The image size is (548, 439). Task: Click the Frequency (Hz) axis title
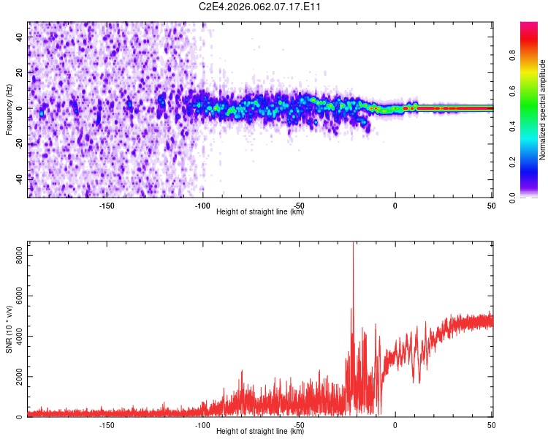tap(9, 109)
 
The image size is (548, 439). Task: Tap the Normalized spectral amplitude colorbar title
tap(543, 110)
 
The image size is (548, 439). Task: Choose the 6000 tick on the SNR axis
tap(15, 296)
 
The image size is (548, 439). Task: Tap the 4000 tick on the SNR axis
tap(15, 337)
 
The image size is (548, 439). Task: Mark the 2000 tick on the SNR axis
tap(15, 377)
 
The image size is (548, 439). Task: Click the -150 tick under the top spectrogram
tap(106, 205)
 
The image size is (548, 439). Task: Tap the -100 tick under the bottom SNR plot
tap(202, 425)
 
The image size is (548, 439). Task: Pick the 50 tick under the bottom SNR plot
tap(491, 425)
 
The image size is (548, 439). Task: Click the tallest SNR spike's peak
tap(354, 244)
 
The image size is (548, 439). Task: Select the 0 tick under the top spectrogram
tap(395, 205)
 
